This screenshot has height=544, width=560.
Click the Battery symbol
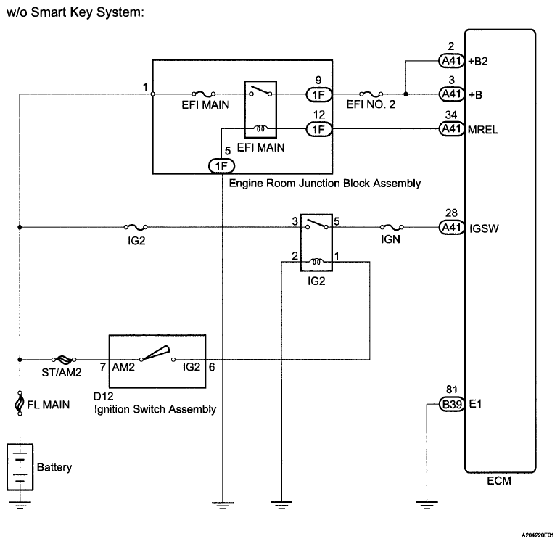tap(20, 468)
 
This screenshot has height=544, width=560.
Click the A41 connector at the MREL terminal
tap(450, 129)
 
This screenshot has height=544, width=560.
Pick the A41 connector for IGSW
tap(450, 227)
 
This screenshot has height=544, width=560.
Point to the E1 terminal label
tap(476, 405)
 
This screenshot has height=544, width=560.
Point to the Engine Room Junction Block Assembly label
tap(324, 184)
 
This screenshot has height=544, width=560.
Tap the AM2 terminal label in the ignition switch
tap(123, 368)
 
